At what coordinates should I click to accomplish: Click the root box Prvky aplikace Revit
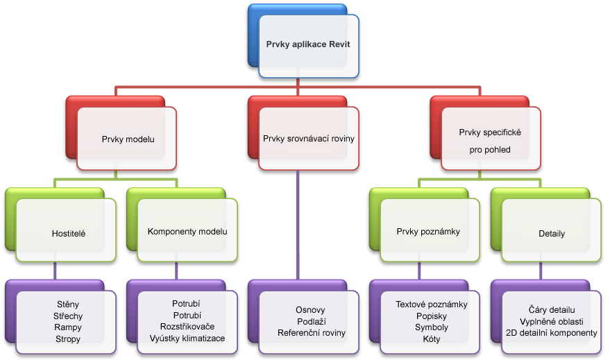[309, 45]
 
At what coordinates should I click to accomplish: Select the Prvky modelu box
[128, 139]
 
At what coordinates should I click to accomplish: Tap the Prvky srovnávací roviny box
[309, 139]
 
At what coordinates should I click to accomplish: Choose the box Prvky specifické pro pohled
[490, 139]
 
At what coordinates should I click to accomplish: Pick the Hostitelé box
[67, 234]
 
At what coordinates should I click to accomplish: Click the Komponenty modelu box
[187, 231]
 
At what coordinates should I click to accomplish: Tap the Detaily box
[552, 234]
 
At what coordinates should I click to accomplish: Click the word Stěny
[68, 304]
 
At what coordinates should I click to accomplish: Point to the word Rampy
[68, 327]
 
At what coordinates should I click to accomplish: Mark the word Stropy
[68, 339]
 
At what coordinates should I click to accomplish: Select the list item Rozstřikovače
[187, 327]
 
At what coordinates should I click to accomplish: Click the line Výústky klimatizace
[187, 338]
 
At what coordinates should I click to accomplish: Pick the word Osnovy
[310, 309]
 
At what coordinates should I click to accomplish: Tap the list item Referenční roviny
[310, 333]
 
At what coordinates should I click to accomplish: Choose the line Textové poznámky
[431, 304]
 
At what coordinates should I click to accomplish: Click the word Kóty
[431, 339]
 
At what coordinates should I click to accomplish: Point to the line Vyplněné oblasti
[552, 321]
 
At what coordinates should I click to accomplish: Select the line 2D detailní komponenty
[552, 333]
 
